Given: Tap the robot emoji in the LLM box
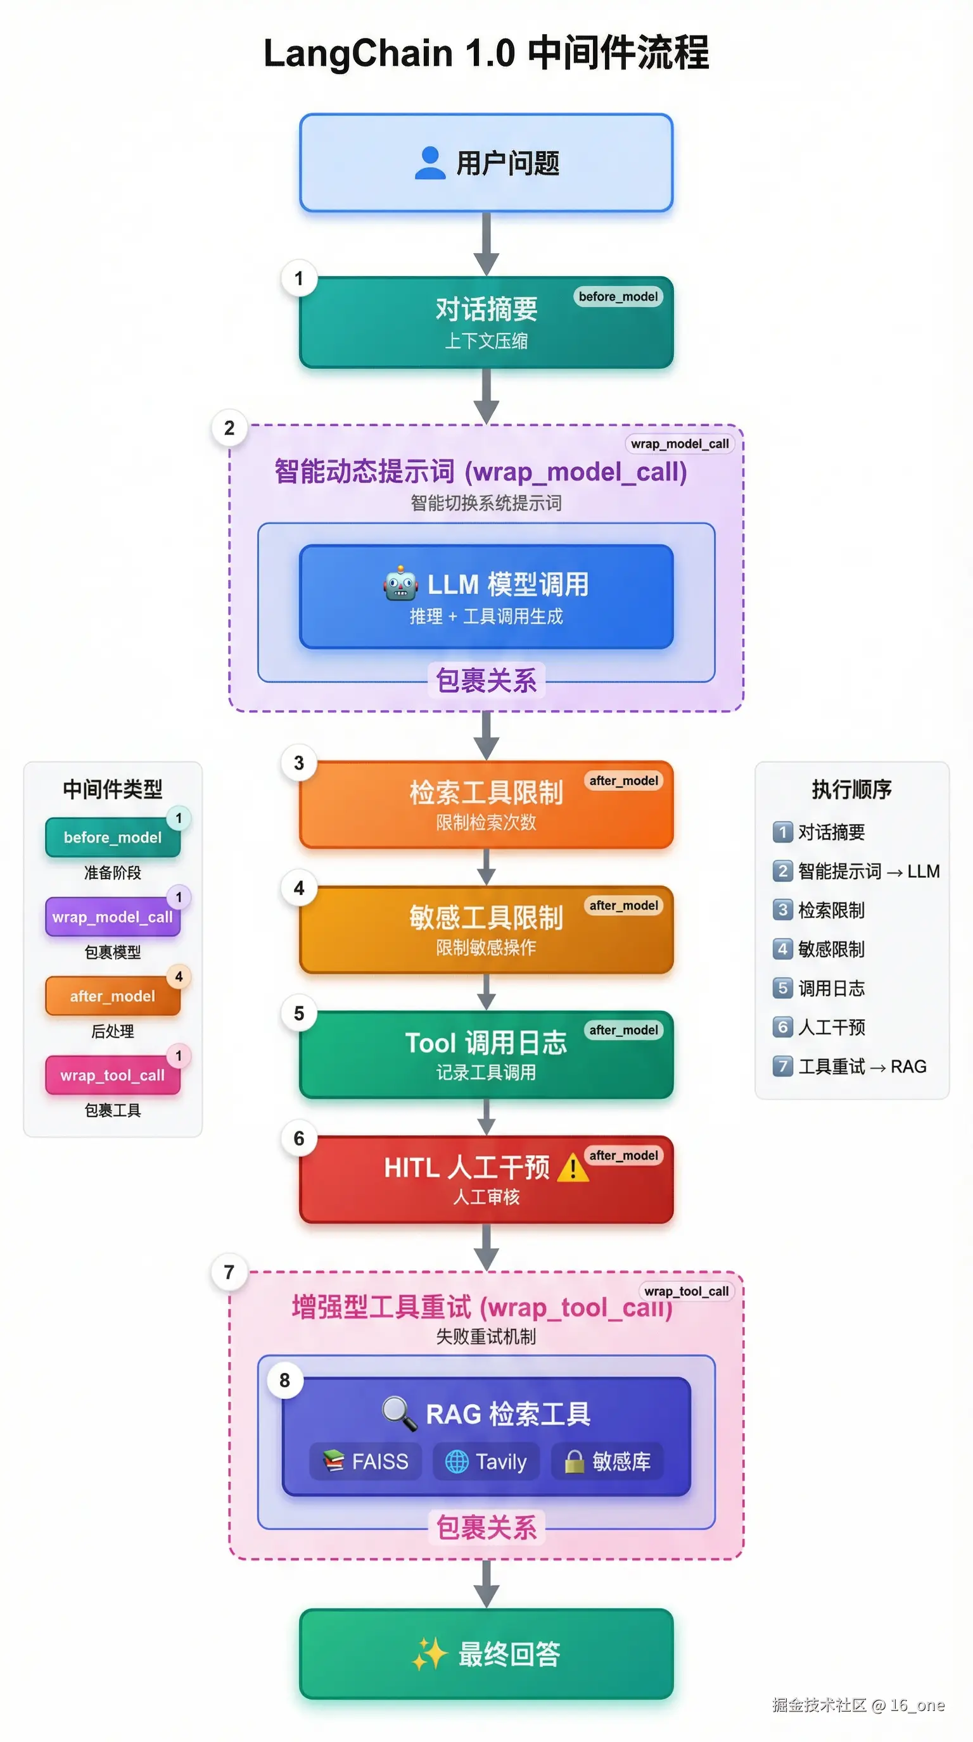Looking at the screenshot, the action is pyautogui.click(x=400, y=584).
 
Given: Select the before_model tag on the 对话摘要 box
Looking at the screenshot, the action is pyautogui.click(x=618, y=296).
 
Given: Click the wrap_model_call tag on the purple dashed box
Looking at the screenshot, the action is pyautogui.click(x=679, y=444).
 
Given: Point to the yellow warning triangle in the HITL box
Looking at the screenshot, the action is pyautogui.click(x=573, y=1167).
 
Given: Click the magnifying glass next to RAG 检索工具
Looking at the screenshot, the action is pyautogui.click(x=399, y=1413).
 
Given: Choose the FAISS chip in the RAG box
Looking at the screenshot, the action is pyautogui.click(x=366, y=1462).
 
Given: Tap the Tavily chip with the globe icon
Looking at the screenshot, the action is pyautogui.click(x=486, y=1462).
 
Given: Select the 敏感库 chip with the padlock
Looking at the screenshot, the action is pyautogui.click(x=607, y=1462).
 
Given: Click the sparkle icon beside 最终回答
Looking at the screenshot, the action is pyautogui.click(x=429, y=1654).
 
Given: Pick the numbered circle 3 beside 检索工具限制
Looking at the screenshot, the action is pyautogui.click(x=299, y=763).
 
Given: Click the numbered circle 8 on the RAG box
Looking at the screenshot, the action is pyautogui.click(x=285, y=1380).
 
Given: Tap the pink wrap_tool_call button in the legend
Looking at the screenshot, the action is pyautogui.click(x=112, y=1075).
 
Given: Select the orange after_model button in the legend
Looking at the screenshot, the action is pyautogui.click(x=112, y=996).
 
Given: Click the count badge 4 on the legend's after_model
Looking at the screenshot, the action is pyautogui.click(x=179, y=977).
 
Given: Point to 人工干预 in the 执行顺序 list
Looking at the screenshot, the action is pyautogui.click(x=831, y=1027).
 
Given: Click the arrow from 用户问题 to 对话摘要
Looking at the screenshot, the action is pyautogui.click(x=486, y=244).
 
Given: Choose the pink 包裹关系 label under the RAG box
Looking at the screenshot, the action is pyautogui.click(x=486, y=1528).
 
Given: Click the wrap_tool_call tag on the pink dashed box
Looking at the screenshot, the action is pyautogui.click(x=686, y=1291).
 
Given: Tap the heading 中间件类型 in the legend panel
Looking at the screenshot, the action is pyautogui.click(x=112, y=789).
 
